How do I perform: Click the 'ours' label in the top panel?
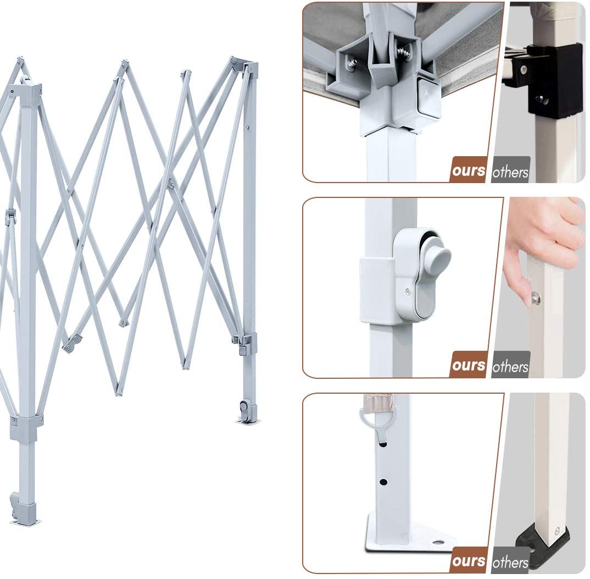coord(469,170)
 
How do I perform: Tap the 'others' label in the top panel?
coord(510,172)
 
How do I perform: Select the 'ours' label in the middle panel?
coord(469,365)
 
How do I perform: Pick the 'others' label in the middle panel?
coord(510,367)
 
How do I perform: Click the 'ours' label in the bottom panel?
coord(469,561)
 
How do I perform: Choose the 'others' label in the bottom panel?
coord(510,563)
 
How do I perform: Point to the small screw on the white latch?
coord(408,291)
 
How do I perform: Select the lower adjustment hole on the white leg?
coord(383,482)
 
